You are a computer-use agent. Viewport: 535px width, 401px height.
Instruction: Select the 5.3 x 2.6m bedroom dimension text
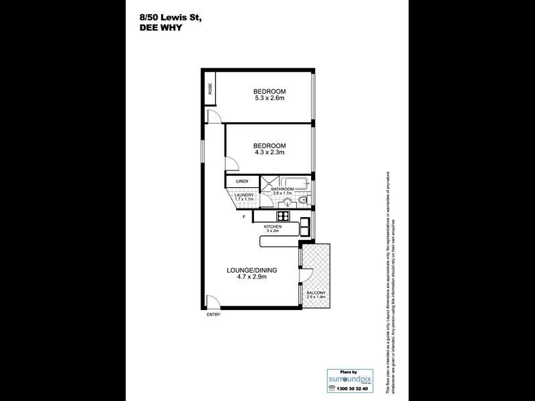(x=270, y=99)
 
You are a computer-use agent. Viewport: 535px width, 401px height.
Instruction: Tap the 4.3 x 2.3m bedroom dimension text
(x=270, y=153)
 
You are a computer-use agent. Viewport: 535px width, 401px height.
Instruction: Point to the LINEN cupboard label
(x=242, y=181)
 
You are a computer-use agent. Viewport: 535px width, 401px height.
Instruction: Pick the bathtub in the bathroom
(x=294, y=182)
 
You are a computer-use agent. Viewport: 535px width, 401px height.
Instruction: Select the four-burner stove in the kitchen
(x=283, y=216)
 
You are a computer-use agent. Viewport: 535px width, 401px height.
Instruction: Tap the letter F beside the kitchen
(x=245, y=217)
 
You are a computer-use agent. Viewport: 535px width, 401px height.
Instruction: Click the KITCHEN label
(x=272, y=227)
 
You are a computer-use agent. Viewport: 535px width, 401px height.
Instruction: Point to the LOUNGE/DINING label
(x=251, y=270)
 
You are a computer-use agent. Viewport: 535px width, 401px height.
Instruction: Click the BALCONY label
(x=316, y=292)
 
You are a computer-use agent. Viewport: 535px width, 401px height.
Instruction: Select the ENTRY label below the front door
(x=213, y=315)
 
